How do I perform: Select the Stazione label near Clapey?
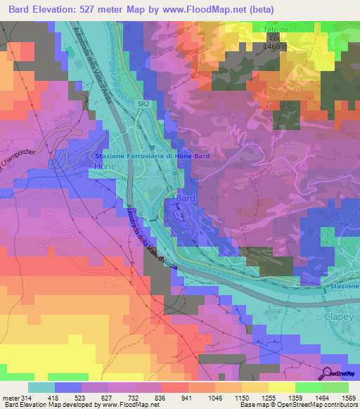coord(342,286)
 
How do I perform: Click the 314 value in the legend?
coord(26,398)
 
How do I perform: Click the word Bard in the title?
coord(19,9)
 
